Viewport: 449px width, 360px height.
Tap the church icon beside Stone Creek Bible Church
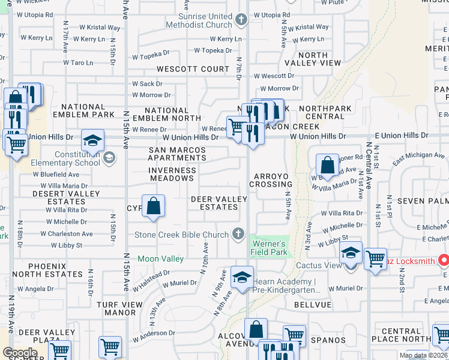tap(239, 233)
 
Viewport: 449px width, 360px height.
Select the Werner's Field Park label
tap(268, 248)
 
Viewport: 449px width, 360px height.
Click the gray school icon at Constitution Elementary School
tap(109, 158)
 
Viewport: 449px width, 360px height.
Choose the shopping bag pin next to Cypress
tap(154, 206)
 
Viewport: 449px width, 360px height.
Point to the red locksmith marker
tap(444, 260)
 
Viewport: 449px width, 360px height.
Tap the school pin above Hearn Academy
tap(242, 277)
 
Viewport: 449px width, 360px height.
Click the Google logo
tap(20, 353)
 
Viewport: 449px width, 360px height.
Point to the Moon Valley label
tap(160, 259)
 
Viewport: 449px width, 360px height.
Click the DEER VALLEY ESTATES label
tap(218, 203)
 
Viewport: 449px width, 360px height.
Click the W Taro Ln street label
tap(76, 62)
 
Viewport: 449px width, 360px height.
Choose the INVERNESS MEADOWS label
tap(172, 174)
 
